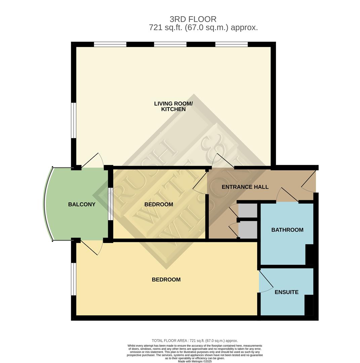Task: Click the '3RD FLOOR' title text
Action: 193,19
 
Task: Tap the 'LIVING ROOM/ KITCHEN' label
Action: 173,107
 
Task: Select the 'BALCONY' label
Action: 82,204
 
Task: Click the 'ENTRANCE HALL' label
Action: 245,187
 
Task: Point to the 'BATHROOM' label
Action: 287,230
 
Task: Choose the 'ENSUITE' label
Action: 286,292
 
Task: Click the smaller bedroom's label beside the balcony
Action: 159,204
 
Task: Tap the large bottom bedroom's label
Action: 166,280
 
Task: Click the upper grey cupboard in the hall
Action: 248,210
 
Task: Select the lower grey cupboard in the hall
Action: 248,230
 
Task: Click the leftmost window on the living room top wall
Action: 110,44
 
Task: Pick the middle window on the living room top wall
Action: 170,44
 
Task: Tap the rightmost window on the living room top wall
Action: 231,44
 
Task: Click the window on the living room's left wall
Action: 74,120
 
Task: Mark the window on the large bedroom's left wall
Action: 74,279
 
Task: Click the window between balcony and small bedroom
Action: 110,204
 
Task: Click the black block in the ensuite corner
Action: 309,305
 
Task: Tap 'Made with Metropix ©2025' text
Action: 195,361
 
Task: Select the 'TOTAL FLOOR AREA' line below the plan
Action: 195,340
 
